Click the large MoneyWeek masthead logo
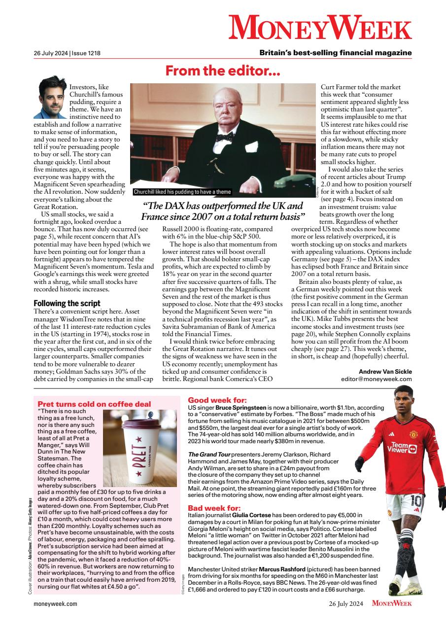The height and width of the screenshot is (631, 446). pos(320,28)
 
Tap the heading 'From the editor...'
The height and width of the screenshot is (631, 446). pos(223,71)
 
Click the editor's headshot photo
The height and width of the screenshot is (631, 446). pos(50,97)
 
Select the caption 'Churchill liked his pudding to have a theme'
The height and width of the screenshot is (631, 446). pos(182,192)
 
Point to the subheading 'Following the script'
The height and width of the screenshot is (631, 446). pos(67,303)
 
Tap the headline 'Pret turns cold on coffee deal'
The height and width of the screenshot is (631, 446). pos(94,404)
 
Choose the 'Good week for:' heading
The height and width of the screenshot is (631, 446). pos(217,400)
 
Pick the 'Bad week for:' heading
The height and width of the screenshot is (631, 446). pos(214,508)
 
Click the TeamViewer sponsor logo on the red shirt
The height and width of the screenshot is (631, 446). pos(402,447)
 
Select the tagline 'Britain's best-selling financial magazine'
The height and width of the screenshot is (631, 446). pos(335,53)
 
